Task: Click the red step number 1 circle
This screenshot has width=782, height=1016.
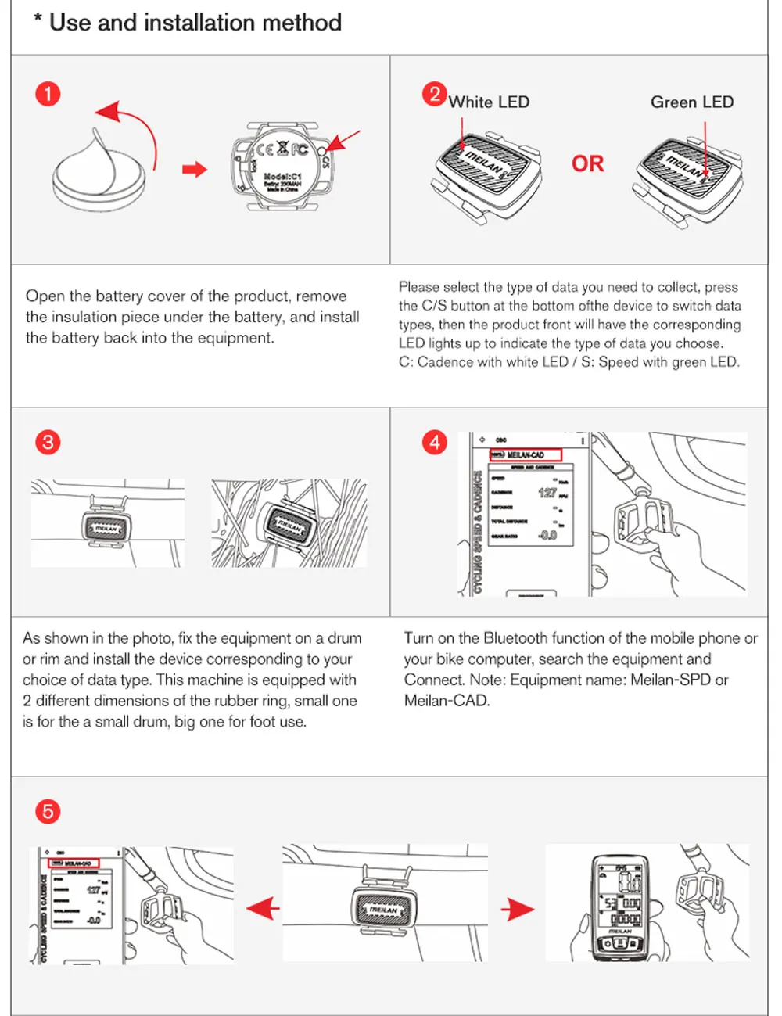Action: click(x=48, y=95)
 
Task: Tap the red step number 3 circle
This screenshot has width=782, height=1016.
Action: click(x=48, y=443)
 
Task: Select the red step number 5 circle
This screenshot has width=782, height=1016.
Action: click(x=48, y=811)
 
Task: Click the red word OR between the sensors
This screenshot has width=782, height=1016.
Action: click(x=587, y=164)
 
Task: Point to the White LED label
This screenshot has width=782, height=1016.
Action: click(x=489, y=102)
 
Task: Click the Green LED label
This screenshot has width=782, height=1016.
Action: click(x=691, y=102)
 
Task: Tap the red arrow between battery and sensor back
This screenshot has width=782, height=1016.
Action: click(x=195, y=170)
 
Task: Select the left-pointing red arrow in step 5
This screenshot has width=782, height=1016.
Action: click(x=264, y=909)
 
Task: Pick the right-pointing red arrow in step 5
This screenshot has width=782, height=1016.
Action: click(x=518, y=909)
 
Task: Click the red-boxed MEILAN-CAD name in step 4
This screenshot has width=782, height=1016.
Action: click(x=525, y=454)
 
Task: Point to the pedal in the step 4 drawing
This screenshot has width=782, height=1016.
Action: click(x=643, y=517)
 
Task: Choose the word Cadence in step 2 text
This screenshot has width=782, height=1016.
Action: click(x=449, y=362)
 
